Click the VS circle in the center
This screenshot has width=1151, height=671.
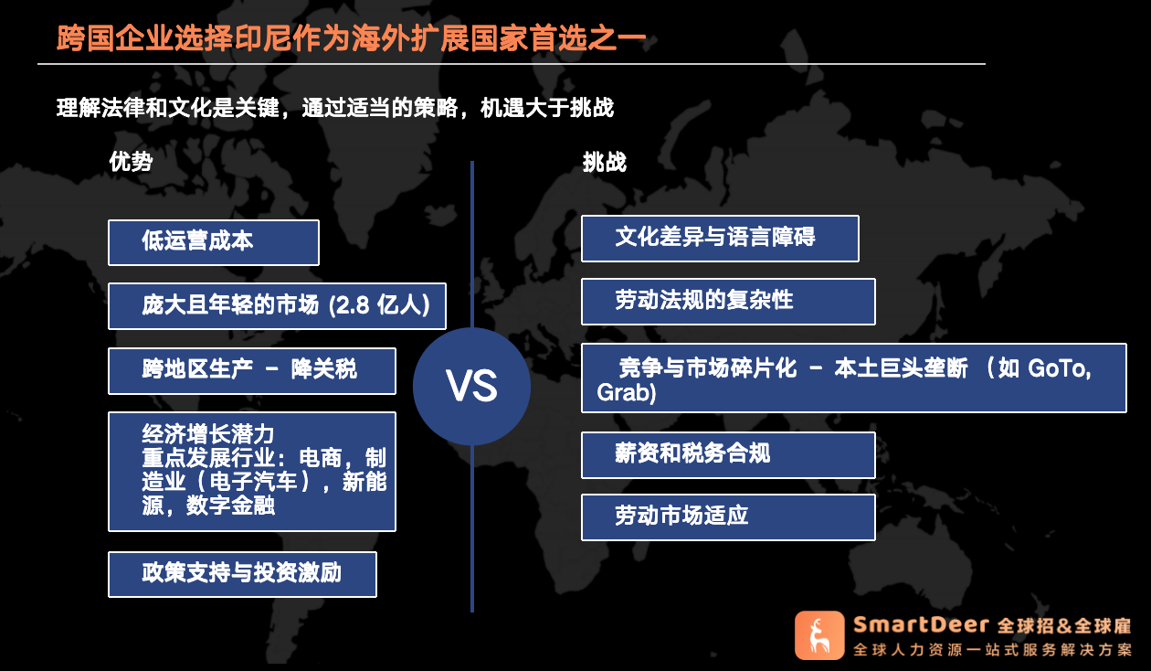click(x=471, y=386)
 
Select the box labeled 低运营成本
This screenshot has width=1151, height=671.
click(x=214, y=242)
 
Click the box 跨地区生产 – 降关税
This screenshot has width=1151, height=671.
click(x=252, y=371)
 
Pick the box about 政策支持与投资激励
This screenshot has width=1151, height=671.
click(x=243, y=574)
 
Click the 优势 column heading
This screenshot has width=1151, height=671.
click(x=131, y=162)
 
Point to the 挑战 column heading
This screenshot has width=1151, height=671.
click(x=605, y=162)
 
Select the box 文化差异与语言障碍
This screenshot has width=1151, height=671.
click(x=720, y=239)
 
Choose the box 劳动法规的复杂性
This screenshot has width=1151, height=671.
click(x=728, y=302)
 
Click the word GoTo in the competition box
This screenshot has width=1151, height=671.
click(x=1059, y=368)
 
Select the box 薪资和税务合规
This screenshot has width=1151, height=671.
click(x=728, y=455)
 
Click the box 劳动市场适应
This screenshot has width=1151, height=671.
click(x=728, y=517)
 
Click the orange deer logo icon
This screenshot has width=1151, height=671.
click(x=819, y=635)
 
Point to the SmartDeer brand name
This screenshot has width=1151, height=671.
click(x=921, y=624)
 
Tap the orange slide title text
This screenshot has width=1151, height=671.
click(x=351, y=38)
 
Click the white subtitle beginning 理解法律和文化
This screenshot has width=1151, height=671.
click(x=335, y=108)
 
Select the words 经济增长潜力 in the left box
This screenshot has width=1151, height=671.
click(x=208, y=434)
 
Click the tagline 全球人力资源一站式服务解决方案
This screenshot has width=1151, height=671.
click(x=993, y=650)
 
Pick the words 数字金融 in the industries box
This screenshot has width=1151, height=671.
click(x=230, y=506)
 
